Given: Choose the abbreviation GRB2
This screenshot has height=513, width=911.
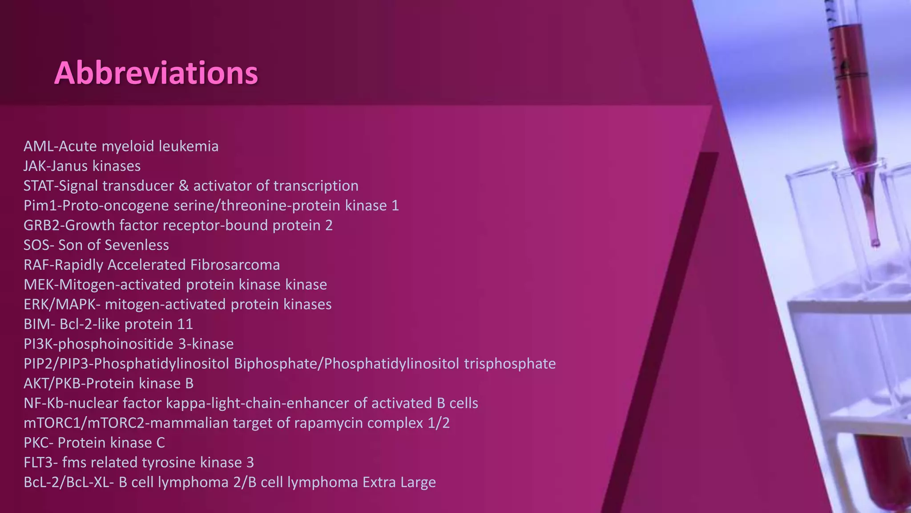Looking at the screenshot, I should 42,225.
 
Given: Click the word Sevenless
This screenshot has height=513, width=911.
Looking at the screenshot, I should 137,245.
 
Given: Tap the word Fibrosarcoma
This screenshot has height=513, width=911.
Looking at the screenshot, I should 235,265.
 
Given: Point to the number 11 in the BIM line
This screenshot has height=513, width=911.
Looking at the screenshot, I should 185,324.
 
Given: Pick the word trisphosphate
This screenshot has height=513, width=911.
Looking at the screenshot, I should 510,364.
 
